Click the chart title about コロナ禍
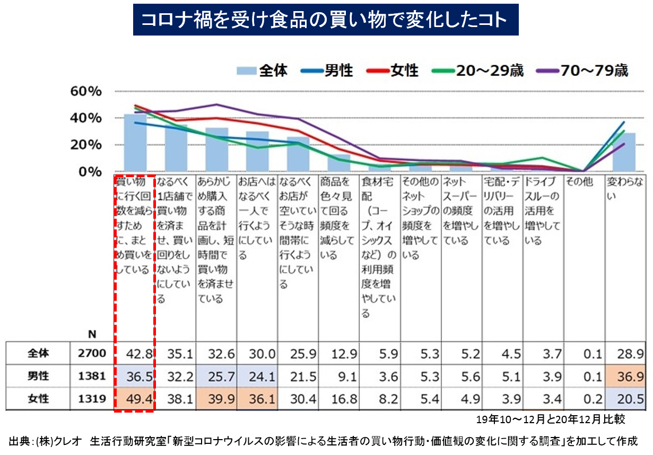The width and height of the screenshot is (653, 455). (325, 20)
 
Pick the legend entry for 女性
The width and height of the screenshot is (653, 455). (393, 70)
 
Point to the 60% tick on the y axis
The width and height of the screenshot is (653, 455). (86, 91)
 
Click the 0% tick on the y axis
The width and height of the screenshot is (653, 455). (90, 172)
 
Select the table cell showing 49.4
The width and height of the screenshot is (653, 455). (135, 399)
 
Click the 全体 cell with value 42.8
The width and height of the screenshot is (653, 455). (135, 354)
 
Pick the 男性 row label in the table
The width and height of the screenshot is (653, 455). (38, 376)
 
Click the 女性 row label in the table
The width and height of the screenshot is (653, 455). (38, 399)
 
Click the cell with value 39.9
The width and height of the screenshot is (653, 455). (216, 399)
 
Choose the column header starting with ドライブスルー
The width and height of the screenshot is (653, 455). (542, 211)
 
